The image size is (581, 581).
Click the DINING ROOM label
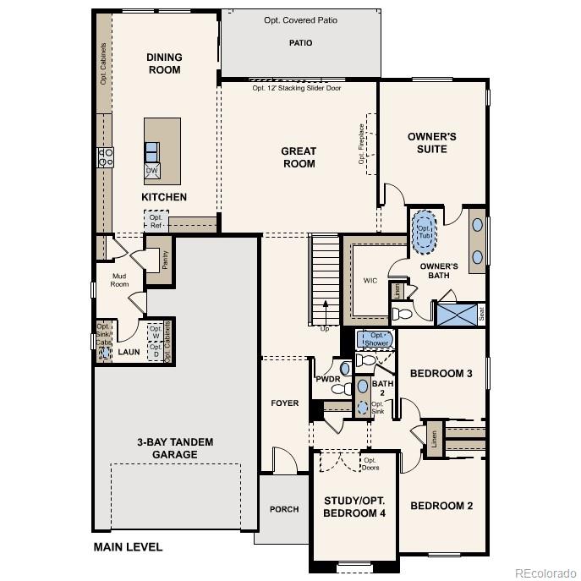(x=164, y=63)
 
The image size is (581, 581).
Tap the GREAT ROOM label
(x=299, y=157)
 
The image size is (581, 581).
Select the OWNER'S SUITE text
(x=431, y=142)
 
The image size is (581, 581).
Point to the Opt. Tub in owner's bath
(x=424, y=231)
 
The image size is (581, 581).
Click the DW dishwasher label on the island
(x=152, y=171)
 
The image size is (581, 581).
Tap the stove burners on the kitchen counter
(x=107, y=157)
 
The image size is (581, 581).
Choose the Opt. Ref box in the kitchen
(x=156, y=222)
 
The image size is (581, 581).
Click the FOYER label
(x=285, y=403)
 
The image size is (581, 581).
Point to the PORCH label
(x=284, y=509)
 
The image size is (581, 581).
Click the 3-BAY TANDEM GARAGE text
(x=175, y=448)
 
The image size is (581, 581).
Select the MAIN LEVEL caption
(x=127, y=547)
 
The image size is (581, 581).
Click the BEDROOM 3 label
(x=441, y=374)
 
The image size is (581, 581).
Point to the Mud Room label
(x=119, y=280)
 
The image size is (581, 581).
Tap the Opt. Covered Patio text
(x=300, y=20)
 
